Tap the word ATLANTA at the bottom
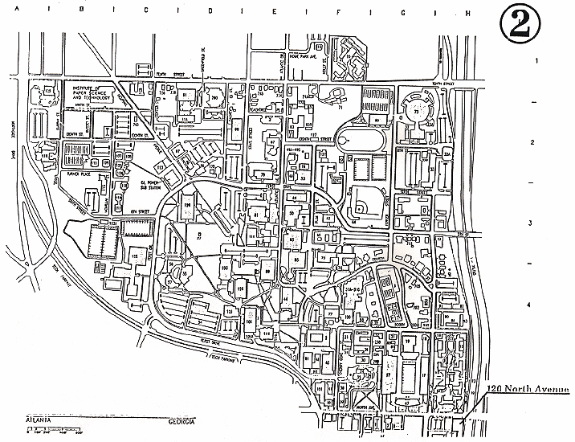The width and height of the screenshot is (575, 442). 39,419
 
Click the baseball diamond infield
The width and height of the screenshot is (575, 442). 365,207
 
